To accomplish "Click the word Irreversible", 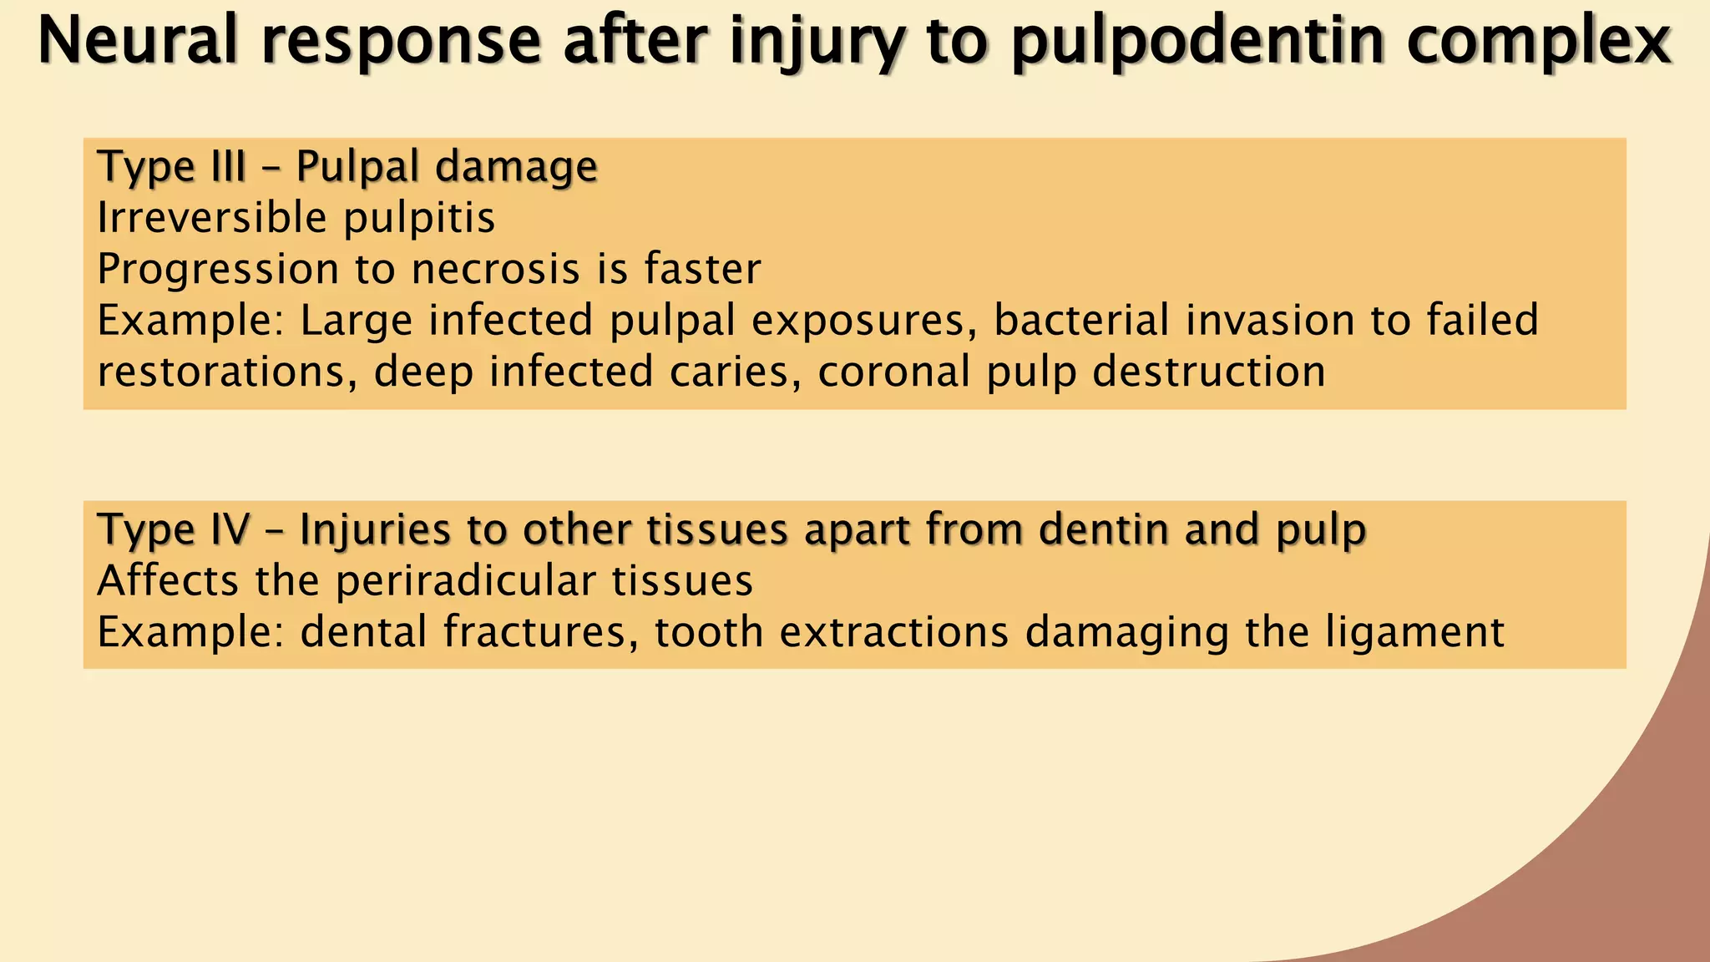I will click(x=211, y=218).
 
